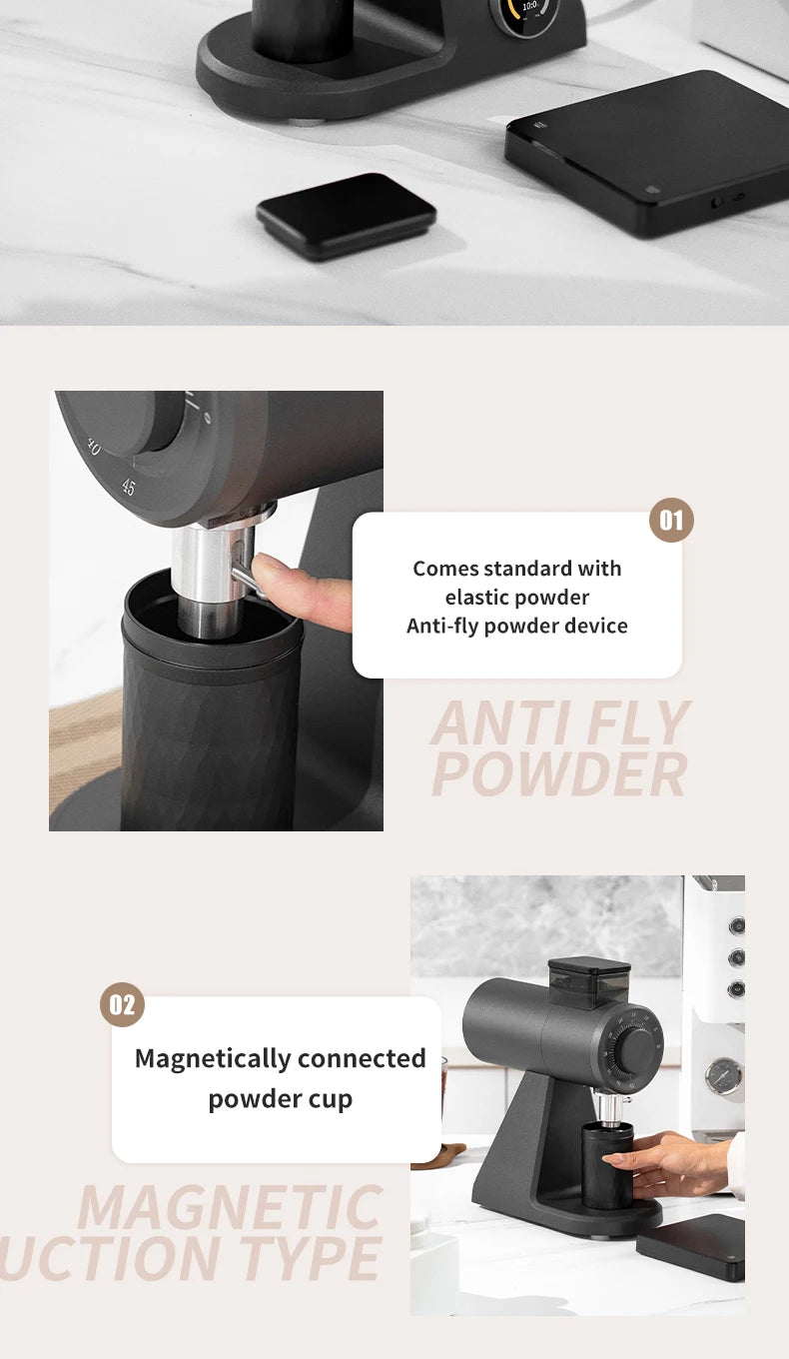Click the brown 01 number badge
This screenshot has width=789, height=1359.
coord(671,521)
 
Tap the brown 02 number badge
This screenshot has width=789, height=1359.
coord(122,1005)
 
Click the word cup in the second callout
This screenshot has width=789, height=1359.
coord(333,1099)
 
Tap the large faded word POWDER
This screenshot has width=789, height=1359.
coord(559,775)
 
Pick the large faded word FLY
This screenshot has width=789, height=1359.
coord(629,723)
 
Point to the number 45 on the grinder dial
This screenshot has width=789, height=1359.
coord(128,488)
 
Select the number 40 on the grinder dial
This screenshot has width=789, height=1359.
coord(93,446)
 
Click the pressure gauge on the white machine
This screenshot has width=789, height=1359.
coord(722,1076)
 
